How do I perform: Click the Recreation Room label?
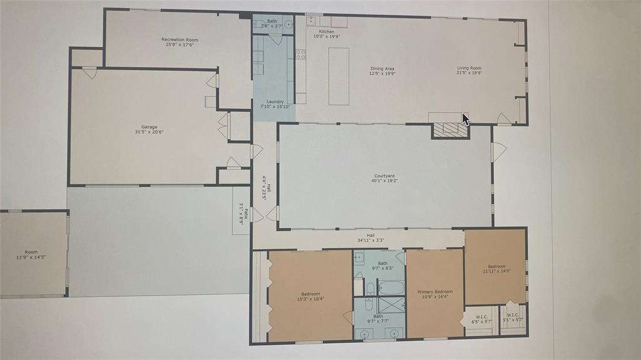tap(180, 39)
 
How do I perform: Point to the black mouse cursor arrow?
tap(465, 118)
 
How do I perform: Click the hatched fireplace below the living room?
tap(451, 130)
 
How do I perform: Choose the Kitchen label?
tap(327, 31)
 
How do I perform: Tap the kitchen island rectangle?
tap(339, 76)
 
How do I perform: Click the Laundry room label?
tap(275, 101)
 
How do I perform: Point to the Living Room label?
tap(469, 68)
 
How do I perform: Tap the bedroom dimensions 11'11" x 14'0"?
tap(496, 271)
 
